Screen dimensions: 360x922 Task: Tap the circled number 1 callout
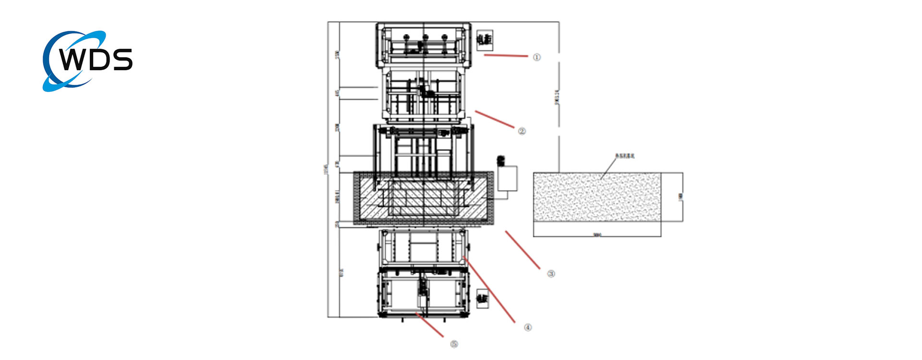pos(536,57)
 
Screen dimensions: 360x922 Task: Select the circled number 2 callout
pos(522,131)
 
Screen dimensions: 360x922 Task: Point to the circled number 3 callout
pos(551,274)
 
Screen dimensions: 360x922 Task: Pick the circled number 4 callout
pos(528,327)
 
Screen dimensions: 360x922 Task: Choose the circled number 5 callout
pos(454,344)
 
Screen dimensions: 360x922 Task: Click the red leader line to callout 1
pos(506,56)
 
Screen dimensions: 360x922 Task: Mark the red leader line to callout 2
pos(495,119)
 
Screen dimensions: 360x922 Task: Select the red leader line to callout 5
pos(430,325)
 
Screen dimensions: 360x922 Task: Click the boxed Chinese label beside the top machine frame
pos(485,40)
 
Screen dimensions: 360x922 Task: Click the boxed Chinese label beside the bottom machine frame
pos(482,299)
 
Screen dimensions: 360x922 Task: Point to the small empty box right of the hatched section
pos(508,179)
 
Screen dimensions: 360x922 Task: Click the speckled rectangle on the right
pos(597,197)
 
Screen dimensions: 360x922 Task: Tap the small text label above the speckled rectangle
pos(625,156)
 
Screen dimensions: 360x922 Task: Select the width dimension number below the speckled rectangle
pos(597,235)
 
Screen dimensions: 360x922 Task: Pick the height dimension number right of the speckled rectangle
pos(680,196)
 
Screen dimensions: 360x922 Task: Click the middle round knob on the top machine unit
pos(425,37)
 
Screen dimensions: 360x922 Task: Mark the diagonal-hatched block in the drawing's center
pos(424,198)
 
